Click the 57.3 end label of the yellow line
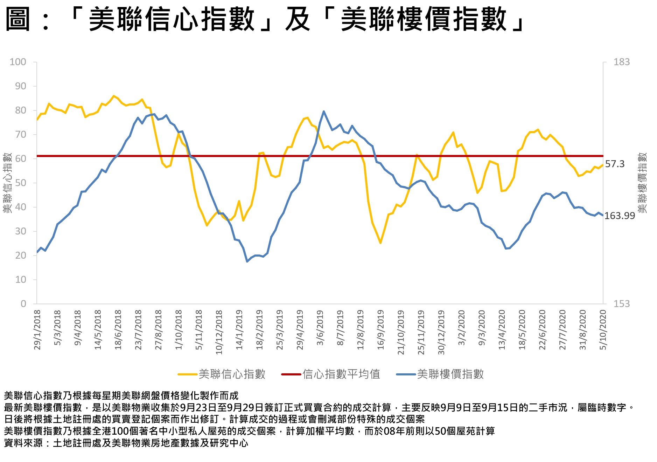click(615, 164)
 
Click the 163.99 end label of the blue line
click(620, 216)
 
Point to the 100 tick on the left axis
click(18, 62)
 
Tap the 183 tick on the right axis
click(621, 62)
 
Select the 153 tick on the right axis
click(621, 304)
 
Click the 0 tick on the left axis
click(23, 304)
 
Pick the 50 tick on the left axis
click(20, 183)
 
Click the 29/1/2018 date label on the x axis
click(37, 329)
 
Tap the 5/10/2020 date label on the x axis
click(603, 329)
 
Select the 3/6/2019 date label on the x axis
click(320, 327)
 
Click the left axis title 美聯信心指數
click(7, 183)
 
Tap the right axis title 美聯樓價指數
click(642, 183)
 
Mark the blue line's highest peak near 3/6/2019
click(323, 111)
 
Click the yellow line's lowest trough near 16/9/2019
click(380, 243)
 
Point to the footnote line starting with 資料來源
click(126, 443)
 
